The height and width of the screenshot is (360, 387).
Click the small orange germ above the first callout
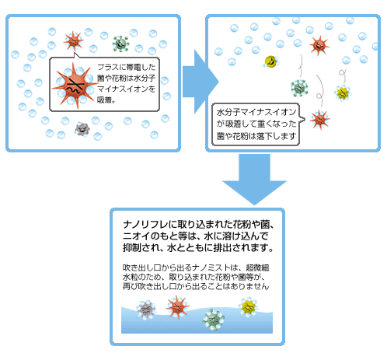(x=74, y=40)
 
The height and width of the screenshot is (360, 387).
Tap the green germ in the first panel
(x=120, y=44)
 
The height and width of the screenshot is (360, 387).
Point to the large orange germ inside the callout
(x=72, y=85)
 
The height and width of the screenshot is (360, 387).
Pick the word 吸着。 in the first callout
(x=106, y=100)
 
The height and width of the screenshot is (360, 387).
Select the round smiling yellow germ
(x=270, y=60)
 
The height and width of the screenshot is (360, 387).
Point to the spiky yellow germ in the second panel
(x=342, y=93)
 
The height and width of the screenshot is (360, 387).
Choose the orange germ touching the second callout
(x=319, y=120)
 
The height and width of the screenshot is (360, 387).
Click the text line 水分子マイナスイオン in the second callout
(x=256, y=113)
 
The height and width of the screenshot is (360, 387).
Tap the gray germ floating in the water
(x=145, y=310)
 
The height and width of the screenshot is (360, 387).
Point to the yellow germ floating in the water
(x=248, y=309)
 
